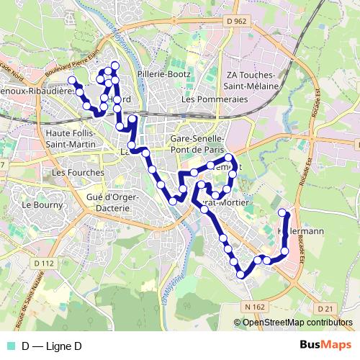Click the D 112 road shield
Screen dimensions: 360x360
[43, 264]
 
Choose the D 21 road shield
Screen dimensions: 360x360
[326, 308]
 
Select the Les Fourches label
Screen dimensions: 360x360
[78, 173]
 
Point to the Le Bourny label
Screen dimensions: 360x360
[37, 204]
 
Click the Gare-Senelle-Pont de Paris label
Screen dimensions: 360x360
[197, 142]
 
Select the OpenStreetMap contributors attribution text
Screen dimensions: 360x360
[296, 323]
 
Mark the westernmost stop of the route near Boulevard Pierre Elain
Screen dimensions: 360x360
[71, 79]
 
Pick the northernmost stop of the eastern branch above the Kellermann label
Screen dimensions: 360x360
[283, 212]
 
